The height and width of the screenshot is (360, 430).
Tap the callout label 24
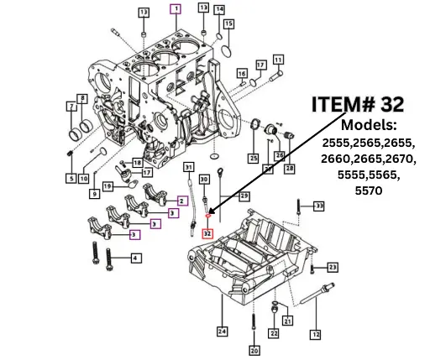222,330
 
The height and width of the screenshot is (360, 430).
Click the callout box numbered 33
319,206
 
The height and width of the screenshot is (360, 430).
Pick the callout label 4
135,258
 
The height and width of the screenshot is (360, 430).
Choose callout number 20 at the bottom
254,350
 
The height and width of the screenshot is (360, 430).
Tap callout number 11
277,59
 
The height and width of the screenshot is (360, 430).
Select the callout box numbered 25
252,158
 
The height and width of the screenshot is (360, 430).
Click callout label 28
290,169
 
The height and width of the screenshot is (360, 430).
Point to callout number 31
188,166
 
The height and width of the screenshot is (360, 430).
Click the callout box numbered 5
71,179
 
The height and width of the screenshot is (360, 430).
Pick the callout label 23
332,267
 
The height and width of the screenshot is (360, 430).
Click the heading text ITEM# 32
358,104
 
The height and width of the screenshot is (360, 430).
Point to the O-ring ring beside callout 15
224,52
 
